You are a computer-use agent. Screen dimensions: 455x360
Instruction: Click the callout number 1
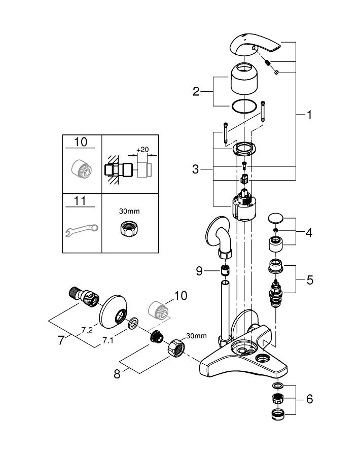[309, 115]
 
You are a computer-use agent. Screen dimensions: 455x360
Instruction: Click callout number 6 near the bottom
[309, 399]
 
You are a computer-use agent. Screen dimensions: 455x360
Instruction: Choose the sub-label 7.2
[87, 330]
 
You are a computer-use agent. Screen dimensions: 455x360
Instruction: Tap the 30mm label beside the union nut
[197, 335]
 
